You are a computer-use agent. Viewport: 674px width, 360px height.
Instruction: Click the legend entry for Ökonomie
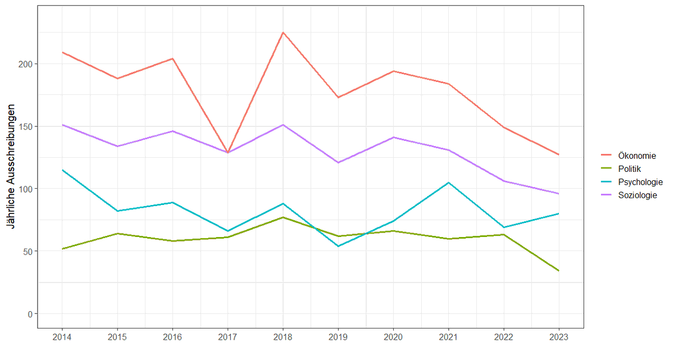[636, 155]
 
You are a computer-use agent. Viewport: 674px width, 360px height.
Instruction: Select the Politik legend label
[630, 168]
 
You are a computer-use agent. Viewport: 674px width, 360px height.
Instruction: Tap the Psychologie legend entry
[640, 182]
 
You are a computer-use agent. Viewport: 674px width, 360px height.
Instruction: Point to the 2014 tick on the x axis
[62, 338]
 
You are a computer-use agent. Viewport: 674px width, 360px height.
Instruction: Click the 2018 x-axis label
[283, 338]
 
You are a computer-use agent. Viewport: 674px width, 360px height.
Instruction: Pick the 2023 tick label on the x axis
[559, 338]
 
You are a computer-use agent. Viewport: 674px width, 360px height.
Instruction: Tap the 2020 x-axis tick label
[393, 338]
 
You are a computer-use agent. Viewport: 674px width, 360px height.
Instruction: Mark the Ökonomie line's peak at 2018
[283, 33]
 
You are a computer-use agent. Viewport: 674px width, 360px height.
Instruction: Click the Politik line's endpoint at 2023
[559, 271]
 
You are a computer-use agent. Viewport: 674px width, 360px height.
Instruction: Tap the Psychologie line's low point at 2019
[338, 246]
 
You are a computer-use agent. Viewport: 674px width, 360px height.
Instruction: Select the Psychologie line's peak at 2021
[448, 183]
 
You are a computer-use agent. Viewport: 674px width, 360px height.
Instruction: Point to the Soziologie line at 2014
[62, 125]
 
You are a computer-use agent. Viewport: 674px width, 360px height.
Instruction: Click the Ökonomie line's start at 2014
[62, 52]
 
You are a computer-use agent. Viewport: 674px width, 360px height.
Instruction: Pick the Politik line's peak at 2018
[283, 217]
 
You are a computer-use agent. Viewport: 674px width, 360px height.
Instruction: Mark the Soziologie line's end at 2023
[559, 194]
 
